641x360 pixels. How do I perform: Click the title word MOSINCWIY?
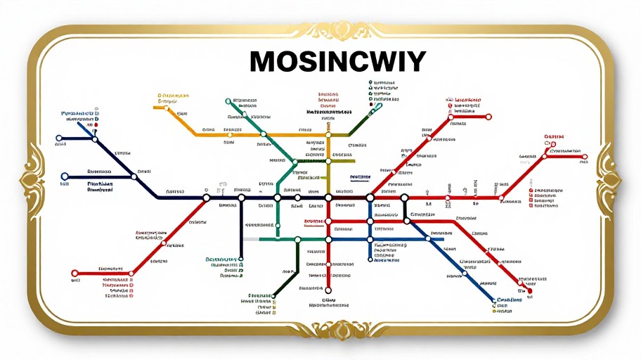pyautogui.click(x=337, y=63)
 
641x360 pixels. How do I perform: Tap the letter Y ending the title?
pyautogui.click(x=415, y=63)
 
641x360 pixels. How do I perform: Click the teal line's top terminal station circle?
pyautogui.click(x=228, y=102)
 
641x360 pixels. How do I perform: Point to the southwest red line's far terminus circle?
pyautogui.click(x=75, y=273)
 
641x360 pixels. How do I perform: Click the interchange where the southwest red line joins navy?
pyautogui.click(x=206, y=198)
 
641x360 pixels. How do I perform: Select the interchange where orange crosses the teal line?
pyautogui.click(x=263, y=134)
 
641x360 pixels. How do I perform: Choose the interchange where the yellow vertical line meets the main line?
pyautogui.click(x=328, y=198)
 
